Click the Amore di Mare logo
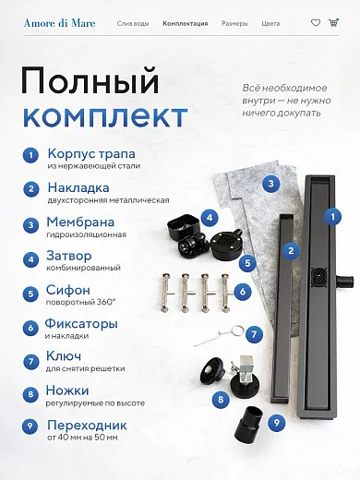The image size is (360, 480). (60, 23)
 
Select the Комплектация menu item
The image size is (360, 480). (186, 24)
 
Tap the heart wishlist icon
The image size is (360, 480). (316, 23)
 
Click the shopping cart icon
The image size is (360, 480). (333, 22)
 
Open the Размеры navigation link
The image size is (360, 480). (234, 24)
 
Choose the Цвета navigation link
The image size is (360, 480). (270, 24)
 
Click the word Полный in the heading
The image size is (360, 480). (90, 80)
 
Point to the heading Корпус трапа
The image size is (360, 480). (91, 154)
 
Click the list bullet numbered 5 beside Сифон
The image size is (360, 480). (30, 294)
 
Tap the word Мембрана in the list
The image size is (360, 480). (80, 222)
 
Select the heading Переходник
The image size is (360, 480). (87, 426)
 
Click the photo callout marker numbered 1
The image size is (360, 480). (332, 217)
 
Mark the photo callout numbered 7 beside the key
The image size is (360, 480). (254, 334)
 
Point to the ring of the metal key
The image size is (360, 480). (237, 331)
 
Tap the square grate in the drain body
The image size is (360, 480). (319, 277)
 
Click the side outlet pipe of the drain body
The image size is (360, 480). (344, 281)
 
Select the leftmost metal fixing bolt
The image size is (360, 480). (166, 293)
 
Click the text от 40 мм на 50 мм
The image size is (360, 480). (82, 438)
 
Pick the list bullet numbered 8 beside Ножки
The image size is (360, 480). (30, 394)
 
